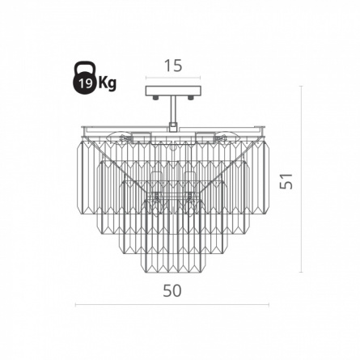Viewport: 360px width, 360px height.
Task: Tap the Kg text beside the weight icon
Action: [108, 83]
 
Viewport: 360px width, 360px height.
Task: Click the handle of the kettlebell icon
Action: [84, 68]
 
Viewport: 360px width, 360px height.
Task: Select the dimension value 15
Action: [173, 66]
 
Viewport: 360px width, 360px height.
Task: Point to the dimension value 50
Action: [172, 290]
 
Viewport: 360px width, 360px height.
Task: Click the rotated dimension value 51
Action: [286, 181]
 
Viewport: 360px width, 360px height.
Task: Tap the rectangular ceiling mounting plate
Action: [173, 91]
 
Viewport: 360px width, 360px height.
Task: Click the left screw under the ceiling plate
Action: [155, 98]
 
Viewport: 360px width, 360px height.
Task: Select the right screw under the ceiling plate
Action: [191, 98]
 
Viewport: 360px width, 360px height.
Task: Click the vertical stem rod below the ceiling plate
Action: [172, 109]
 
